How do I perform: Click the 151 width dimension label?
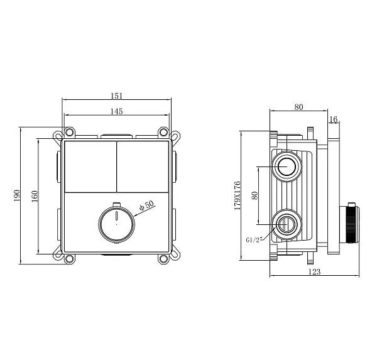(117, 95)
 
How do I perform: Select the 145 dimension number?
(117, 111)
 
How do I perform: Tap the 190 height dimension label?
(16, 195)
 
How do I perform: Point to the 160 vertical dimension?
(35, 196)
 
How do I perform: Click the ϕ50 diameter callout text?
(146, 205)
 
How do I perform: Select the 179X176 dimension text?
(237, 195)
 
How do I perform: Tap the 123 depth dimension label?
(315, 272)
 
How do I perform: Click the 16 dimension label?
(334, 119)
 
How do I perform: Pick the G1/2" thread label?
(254, 240)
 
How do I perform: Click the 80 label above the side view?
(299, 107)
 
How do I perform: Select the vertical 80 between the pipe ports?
(254, 195)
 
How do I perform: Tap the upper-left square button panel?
(90, 166)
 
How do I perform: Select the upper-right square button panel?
(143, 166)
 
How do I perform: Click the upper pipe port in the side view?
(287, 166)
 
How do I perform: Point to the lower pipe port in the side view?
(287, 224)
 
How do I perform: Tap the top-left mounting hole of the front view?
(70, 132)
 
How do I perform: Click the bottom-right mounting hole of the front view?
(163, 259)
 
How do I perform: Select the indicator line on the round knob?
(117, 215)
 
